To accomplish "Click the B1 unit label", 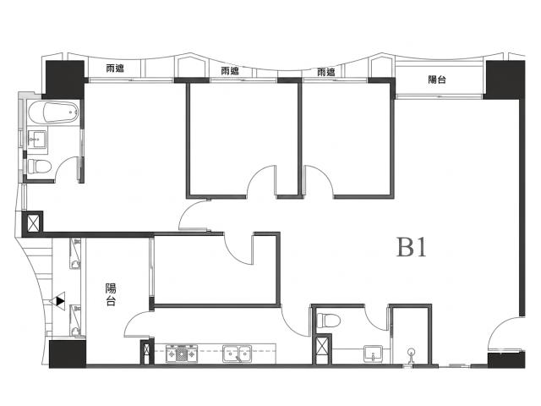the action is coord(412,247).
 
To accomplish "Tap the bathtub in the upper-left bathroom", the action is coord(53,112).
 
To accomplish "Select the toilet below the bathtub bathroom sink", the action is coord(39,166).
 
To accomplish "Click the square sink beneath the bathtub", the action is coord(36,139).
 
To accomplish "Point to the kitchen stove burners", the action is coord(181,354).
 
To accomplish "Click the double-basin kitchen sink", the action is coord(237,354).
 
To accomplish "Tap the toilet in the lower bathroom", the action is coord(329,320).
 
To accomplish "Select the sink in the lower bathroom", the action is coord(373,354).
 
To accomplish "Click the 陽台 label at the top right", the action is coord(437,80).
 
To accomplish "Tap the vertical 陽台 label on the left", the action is coord(111,294).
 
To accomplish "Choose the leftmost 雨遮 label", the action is coord(115,69).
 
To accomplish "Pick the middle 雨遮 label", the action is coord(230,71).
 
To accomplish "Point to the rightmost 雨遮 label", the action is coord(326,72).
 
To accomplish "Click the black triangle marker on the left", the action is coord(60,301).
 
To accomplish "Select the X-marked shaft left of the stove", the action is coord(147,351).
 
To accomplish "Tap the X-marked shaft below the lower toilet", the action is coord(322,348).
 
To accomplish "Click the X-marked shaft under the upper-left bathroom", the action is coord(33,223).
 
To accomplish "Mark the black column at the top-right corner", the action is coord(505,79).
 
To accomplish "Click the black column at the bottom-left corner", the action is coord(68,354).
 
